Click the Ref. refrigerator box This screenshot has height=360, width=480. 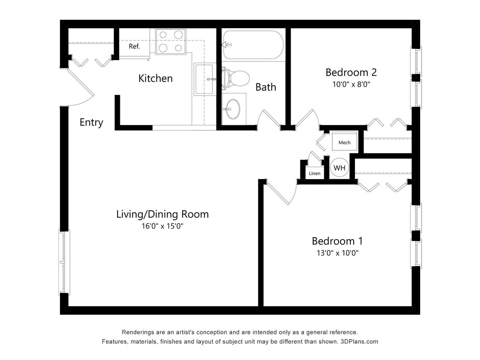(134, 46)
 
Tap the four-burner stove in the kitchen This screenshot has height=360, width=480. (171, 41)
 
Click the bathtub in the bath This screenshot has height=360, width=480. (253, 45)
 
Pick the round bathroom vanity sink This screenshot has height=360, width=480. (233, 109)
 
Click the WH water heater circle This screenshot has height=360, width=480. (339, 168)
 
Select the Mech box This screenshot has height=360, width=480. (344, 142)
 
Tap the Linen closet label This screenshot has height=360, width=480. (314, 173)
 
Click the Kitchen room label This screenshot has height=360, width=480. (155, 78)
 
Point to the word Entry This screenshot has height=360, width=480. (91, 122)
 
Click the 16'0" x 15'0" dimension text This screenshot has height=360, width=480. (163, 226)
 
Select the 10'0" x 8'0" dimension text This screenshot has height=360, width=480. (351, 84)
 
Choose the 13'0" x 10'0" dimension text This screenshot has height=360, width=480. (337, 253)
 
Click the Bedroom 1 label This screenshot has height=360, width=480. (337, 241)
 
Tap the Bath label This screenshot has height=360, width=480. (265, 87)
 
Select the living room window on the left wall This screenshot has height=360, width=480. (64, 262)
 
